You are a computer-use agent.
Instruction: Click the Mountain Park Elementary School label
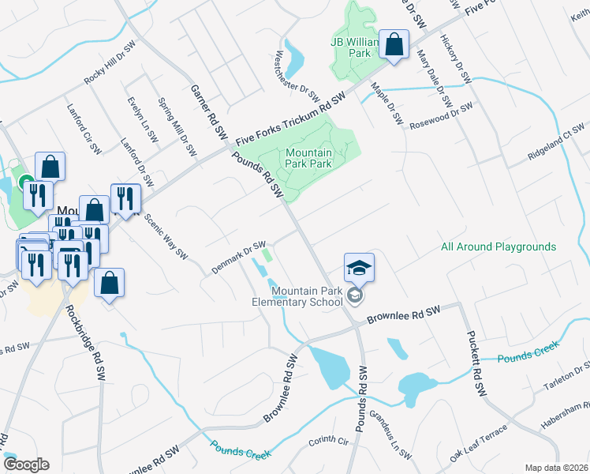click(x=297, y=296)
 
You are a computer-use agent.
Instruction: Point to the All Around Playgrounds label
click(x=499, y=247)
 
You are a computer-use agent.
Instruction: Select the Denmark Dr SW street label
click(x=238, y=258)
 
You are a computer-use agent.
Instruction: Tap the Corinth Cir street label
click(x=328, y=442)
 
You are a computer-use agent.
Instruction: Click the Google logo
click(x=25, y=464)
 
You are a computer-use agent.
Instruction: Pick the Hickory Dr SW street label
click(x=456, y=59)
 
